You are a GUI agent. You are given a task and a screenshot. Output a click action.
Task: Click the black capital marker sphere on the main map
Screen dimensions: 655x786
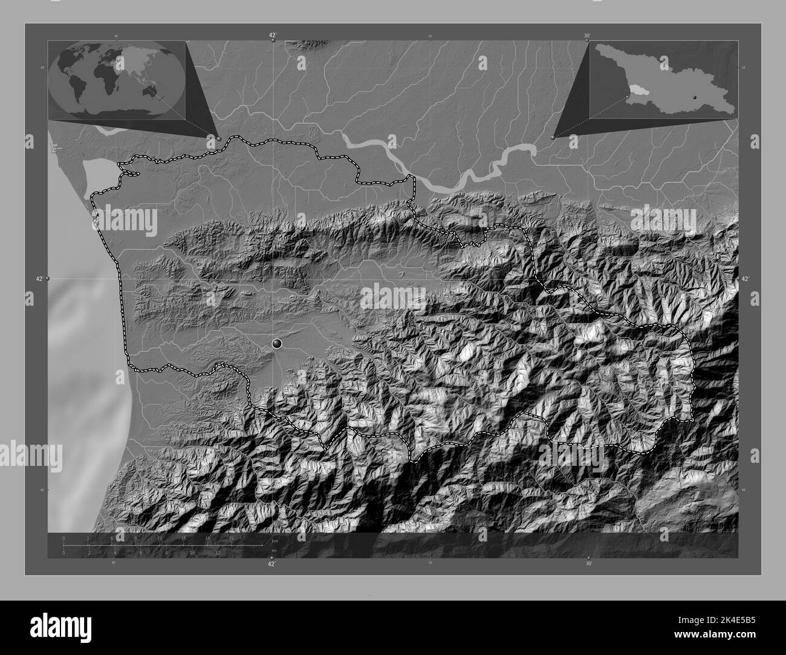click(278, 344)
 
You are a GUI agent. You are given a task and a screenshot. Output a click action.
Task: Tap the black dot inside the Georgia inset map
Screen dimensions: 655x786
click(695, 97)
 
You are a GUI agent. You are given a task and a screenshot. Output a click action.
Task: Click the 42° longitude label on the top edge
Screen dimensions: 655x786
click(273, 36)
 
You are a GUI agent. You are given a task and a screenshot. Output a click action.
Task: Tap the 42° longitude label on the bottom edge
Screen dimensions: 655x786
click(272, 563)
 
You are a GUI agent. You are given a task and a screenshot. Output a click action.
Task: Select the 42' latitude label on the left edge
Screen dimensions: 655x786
click(39, 279)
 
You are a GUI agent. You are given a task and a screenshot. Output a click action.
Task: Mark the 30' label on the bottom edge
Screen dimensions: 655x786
click(588, 563)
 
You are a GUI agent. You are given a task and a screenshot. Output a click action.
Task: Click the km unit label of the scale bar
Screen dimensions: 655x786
click(274, 541)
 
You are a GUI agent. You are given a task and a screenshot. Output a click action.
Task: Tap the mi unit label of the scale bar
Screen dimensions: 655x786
click(274, 550)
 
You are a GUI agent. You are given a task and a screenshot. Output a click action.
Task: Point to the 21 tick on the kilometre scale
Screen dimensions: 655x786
click(232, 538)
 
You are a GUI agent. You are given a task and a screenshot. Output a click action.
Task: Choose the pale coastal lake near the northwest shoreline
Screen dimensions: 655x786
click(96, 172)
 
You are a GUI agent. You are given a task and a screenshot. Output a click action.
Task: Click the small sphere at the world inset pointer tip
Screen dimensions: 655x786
click(218, 138)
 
